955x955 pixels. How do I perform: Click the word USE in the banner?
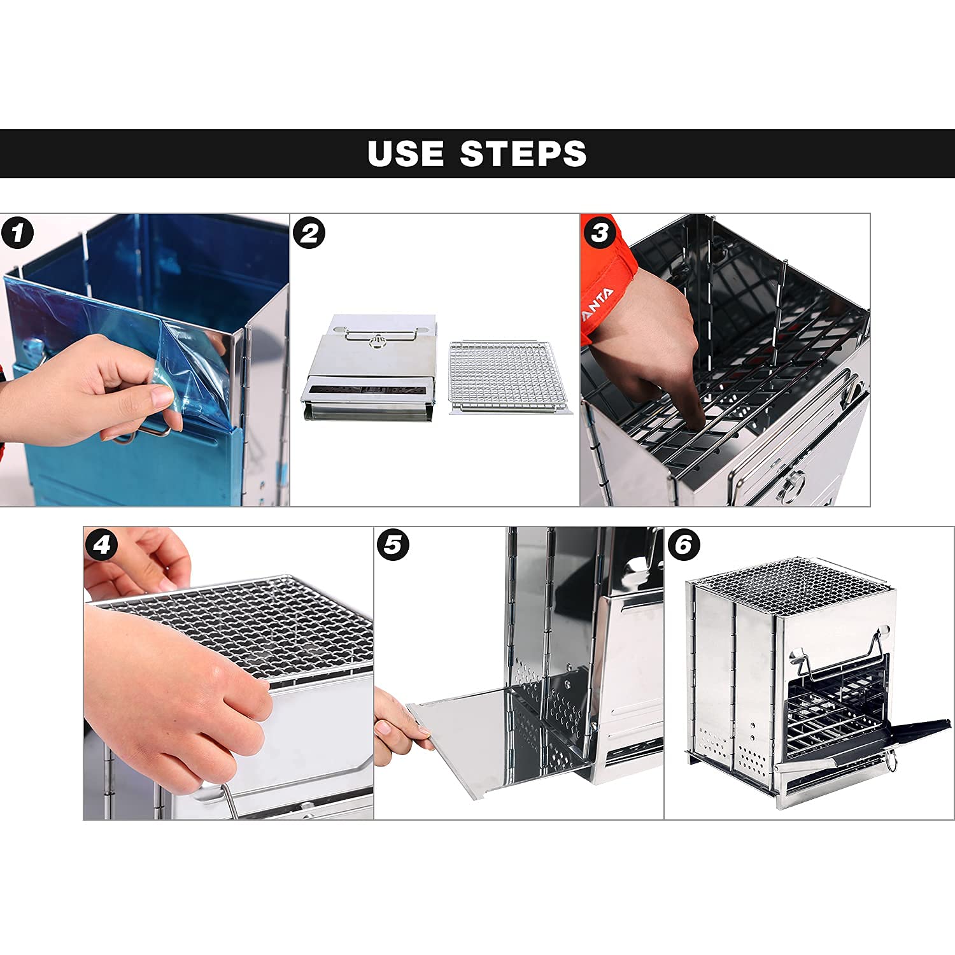[x=406, y=153]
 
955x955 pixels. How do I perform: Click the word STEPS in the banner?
[x=523, y=153]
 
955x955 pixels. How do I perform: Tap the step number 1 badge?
[x=17, y=233]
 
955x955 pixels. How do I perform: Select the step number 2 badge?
[x=309, y=233]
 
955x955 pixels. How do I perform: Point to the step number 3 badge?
[x=599, y=233]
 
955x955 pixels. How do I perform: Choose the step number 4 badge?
[x=102, y=545]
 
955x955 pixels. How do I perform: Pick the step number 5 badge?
[x=393, y=545]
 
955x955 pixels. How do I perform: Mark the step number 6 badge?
[x=684, y=545]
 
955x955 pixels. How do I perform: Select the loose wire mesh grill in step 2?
[x=510, y=378]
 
